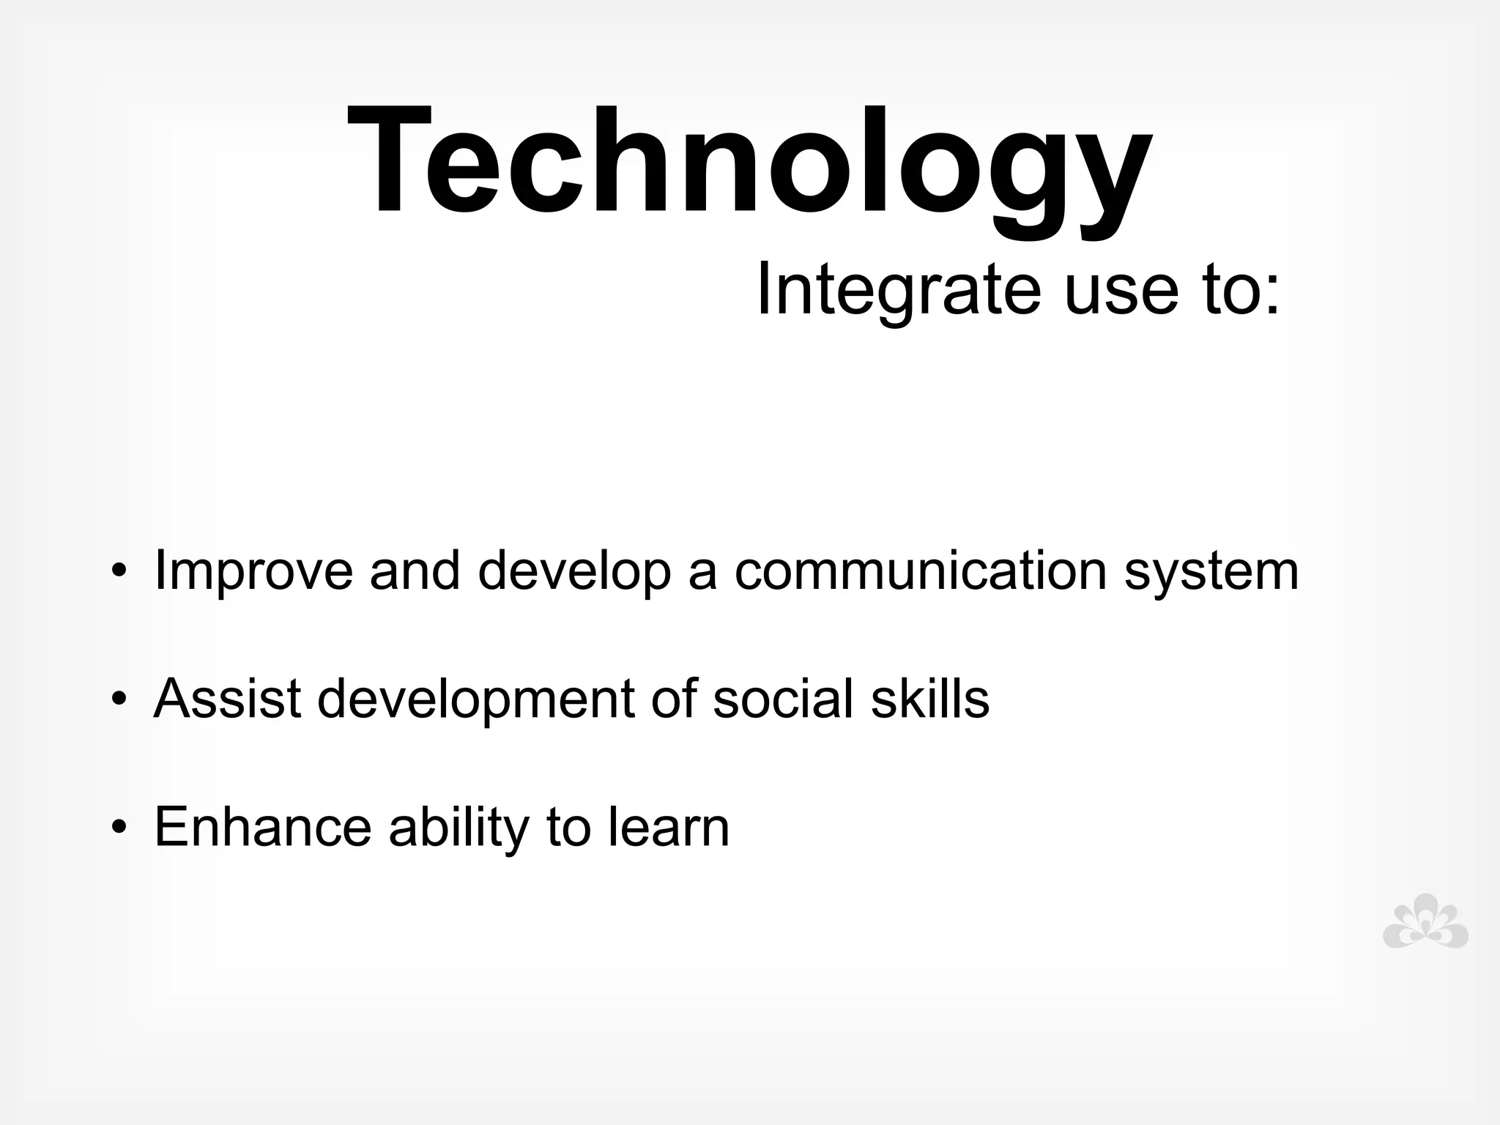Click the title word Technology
[x=749, y=163]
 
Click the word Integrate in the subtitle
[x=897, y=290]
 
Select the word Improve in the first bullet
[x=253, y=572]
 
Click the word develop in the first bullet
[x=574, y=572]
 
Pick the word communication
[x=920, y=571]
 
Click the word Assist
[x=227, y=698]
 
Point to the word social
[x=783, y=698]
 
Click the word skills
[x=930, y=698]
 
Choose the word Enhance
[x=263, y=827]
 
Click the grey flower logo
[x=1425, y=921]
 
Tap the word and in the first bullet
[x=415, y=571]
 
